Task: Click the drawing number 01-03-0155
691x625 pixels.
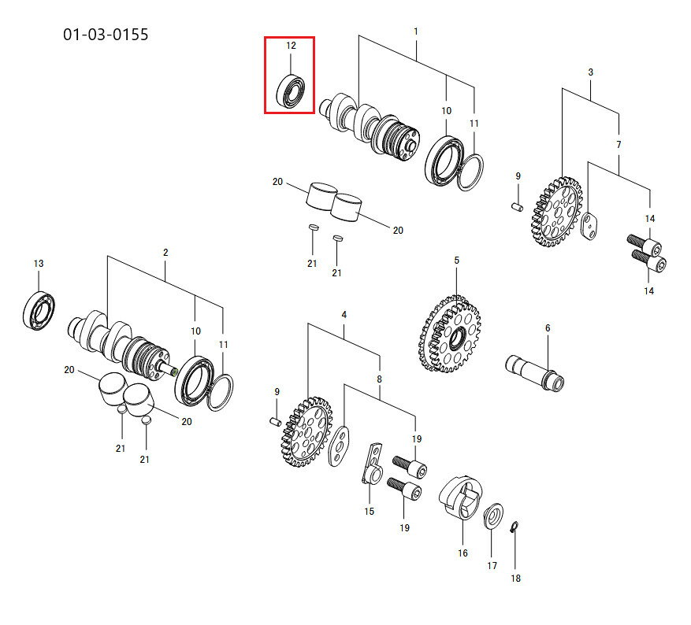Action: click(x=106, y=35)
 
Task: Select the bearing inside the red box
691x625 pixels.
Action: click(x=291, y=91)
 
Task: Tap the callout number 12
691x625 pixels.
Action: click(x=291, y=46)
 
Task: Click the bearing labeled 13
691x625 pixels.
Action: click(x=39, y=310)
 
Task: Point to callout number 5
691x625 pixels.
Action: click(x=456, y=260)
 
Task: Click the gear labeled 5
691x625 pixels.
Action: click(x=449, y=334)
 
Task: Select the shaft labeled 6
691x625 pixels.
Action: click(x=534, y=372)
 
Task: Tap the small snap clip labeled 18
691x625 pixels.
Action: click(x=515, y=527)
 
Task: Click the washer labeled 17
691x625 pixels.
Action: click(x=493, y=516)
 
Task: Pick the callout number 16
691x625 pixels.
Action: click(x=463, y=553)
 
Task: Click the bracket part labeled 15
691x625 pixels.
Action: click(x=373, y=464)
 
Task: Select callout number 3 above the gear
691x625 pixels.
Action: click(x=590, y=72)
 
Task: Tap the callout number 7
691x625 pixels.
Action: click(x=619, y=144)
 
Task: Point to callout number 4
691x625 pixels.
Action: click(x=344, y=315)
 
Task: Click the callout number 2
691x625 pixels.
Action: click(x=165, y=252)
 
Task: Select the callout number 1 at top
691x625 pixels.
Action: click(x=415, y=31)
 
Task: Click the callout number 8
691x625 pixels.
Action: click(x=379, y=379)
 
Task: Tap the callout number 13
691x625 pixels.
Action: click(x=39, y=263)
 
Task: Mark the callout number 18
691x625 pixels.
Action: click(x=515, y=578)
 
